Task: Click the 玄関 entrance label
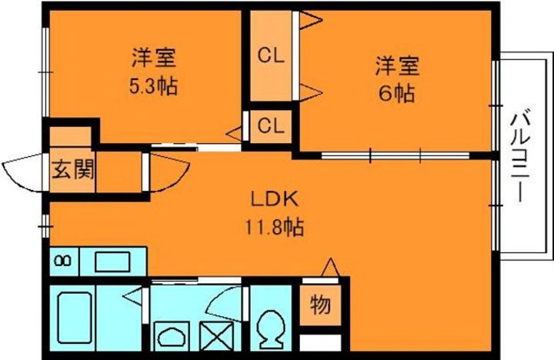(73, 168)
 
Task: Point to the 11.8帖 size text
(274, 227)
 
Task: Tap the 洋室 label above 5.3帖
(154, 57)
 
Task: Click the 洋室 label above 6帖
(395, 65)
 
